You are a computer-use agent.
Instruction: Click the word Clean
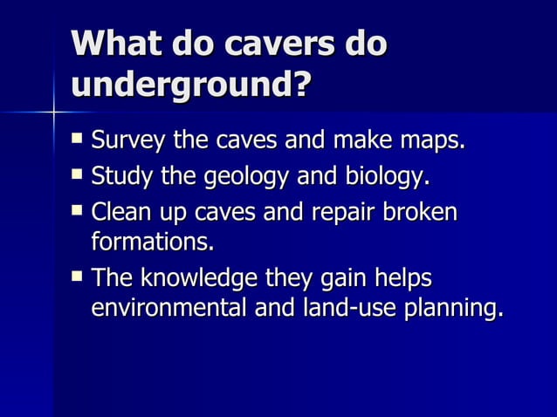click(x=122, y=213)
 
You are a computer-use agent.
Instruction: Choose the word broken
click(x=425, y=213)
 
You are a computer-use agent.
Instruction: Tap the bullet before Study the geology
click(x=79, y=176)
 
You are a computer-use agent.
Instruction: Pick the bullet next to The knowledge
click(x=79, y=277)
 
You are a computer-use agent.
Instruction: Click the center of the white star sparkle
click(x=53, y=112)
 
